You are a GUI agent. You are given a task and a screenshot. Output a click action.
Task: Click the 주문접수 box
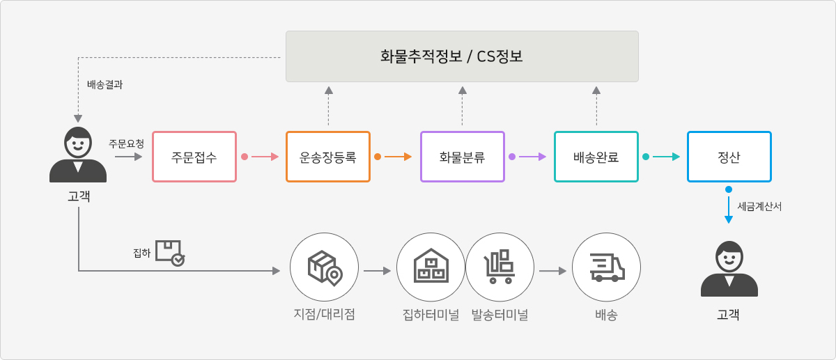[x=194, y=157]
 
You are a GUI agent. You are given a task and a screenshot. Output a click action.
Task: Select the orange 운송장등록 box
[x=328, y=157]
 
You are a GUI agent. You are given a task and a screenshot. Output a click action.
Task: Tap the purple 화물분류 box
[x=463, y=157]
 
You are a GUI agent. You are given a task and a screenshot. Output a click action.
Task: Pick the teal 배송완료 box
[x=596, y=157]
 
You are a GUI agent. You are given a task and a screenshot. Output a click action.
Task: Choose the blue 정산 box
[x=729, y=157]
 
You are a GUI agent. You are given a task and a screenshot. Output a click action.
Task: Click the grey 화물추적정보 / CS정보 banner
[x=462, y=56]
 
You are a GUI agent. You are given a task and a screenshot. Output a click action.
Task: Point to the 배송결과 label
[x=105, y=84]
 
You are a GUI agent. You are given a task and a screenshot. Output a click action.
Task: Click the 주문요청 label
[x=127, y=143]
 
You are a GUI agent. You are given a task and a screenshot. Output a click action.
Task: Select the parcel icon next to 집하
[x=170, y=253]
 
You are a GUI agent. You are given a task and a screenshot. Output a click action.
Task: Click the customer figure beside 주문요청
[x=78, y=155]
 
